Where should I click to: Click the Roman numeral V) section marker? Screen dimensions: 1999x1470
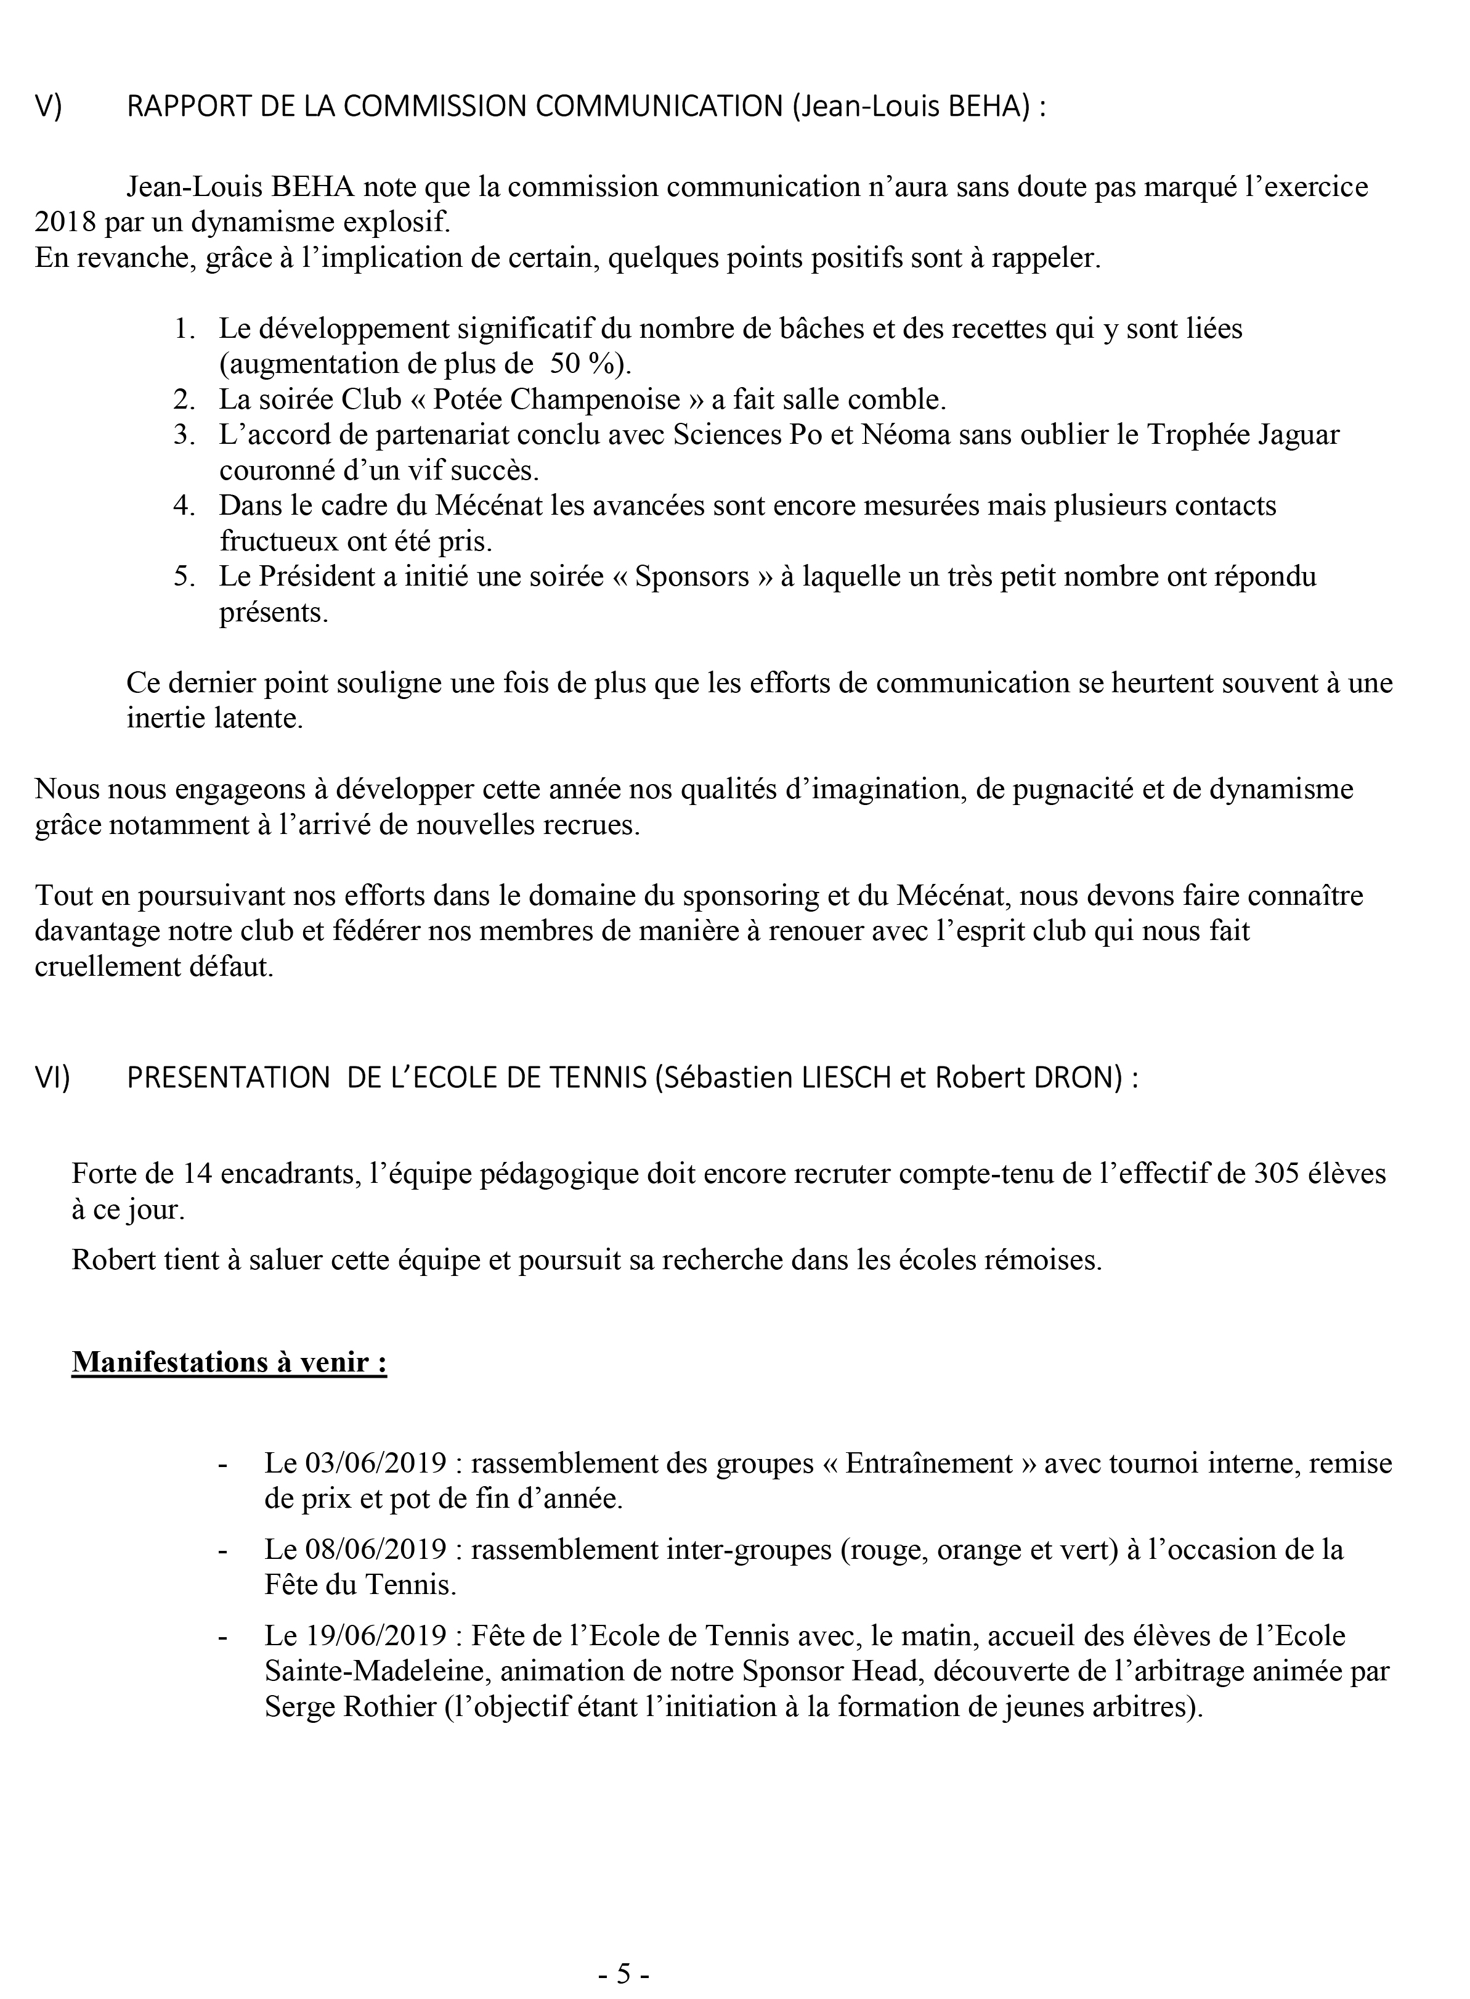point(48,107)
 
